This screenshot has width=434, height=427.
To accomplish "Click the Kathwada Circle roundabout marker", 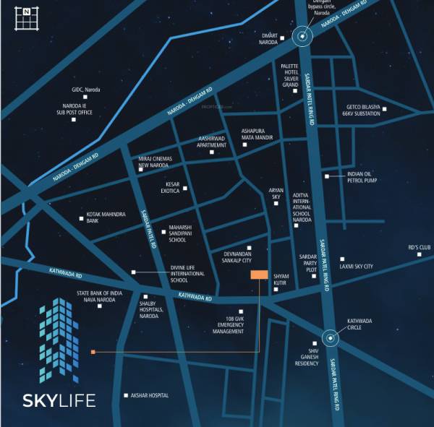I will coord(331,337).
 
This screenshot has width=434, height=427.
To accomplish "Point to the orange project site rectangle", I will coord(259,275).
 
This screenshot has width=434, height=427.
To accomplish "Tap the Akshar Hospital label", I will coord(150,395).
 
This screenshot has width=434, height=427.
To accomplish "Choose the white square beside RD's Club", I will coord(419,255).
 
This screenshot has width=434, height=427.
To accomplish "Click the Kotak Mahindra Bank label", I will coord(107,217).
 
